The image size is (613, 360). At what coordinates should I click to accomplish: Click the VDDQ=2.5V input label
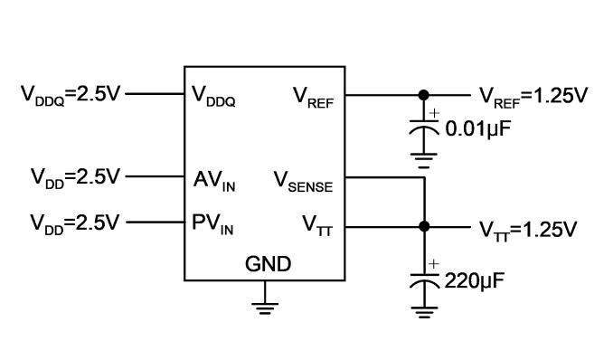70,95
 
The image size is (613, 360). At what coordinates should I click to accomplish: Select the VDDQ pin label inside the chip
213,96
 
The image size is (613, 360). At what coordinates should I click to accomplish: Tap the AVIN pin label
214,181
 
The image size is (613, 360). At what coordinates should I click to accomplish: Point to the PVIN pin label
212,224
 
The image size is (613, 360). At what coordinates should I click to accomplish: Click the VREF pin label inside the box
314,98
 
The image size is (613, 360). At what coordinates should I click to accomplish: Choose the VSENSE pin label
303,182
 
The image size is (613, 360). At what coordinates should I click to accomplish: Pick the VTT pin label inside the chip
317,226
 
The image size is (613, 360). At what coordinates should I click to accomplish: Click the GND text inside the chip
269,264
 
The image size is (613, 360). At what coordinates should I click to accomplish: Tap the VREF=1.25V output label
533,97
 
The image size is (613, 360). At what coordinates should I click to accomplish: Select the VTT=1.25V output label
528,231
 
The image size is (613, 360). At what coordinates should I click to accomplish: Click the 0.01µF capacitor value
478,129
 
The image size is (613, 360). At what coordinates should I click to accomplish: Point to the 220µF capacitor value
475,280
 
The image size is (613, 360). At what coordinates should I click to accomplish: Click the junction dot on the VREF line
423,95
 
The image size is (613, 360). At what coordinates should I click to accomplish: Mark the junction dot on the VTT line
424,226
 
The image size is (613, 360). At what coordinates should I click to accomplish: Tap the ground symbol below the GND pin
265,308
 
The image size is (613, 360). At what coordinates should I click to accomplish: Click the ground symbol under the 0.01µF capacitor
424,160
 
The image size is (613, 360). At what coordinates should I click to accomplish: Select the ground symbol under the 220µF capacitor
425,312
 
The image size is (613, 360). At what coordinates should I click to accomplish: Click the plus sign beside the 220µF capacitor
433,264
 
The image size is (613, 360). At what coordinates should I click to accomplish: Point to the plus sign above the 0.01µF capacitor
434,113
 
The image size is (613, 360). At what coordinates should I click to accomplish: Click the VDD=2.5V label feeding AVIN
75,178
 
